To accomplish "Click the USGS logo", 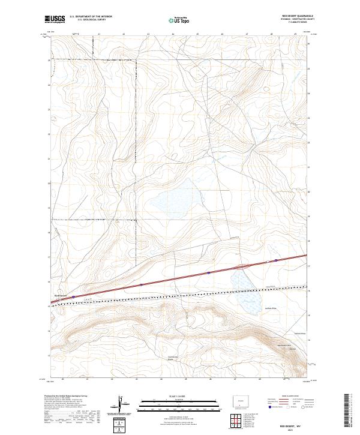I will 55,20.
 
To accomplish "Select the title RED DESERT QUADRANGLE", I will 293,16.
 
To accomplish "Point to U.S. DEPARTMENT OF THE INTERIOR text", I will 91,16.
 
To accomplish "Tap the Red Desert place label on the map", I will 62,295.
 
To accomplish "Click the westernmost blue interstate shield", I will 73,296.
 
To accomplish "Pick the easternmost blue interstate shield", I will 276,260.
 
